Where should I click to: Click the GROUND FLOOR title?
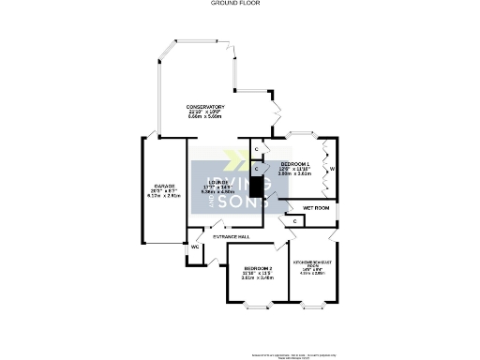coord(240,4)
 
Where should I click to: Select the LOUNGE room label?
coord(218,181)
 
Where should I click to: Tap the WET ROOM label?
coord(315,207)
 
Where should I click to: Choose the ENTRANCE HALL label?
coord(231,236)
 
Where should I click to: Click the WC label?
coord(196,247)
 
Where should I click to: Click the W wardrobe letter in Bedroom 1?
coord(332,169)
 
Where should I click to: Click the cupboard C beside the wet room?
coord(295,220)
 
